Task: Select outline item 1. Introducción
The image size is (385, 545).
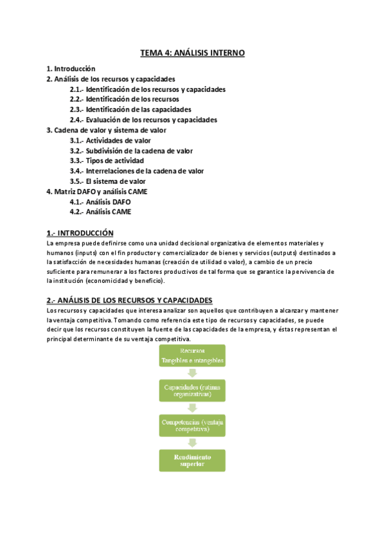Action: click(71, 68)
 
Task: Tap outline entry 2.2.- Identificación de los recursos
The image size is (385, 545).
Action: click(124, 100)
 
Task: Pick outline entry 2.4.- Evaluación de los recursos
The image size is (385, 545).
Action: click(143, 120)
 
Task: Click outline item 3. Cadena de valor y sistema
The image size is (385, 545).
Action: click(106, 130)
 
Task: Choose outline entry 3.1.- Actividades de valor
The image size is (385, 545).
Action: click(110, 140)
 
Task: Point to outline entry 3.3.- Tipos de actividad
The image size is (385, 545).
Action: click(107, 161)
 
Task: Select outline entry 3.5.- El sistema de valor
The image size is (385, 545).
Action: click(107, 181)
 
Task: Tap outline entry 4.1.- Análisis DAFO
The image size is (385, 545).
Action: click(100, 202)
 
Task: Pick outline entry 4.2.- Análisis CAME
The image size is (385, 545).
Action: click(100, 212)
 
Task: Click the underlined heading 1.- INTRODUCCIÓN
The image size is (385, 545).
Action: click(80, 233)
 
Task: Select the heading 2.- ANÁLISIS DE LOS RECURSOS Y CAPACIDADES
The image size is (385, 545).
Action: click(129, 300)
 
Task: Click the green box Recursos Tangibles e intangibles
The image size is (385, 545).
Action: click(193, 356)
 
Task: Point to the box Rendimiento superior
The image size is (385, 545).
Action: click(193, 460)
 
